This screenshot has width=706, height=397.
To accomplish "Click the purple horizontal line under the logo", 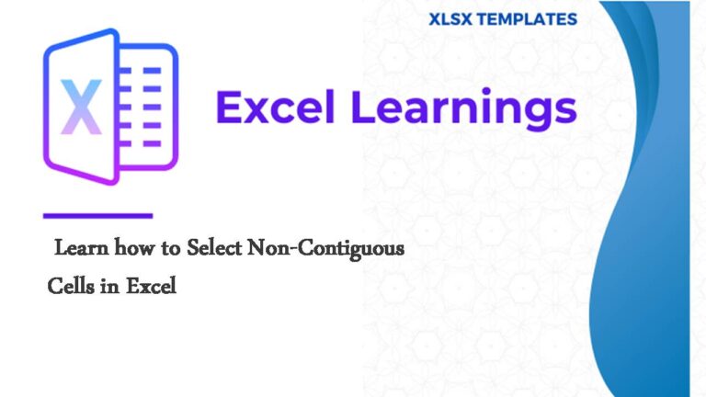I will coord(97,216).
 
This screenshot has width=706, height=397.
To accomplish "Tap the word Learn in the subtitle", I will coord(74,248).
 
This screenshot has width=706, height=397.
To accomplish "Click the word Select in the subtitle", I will coord(214,248).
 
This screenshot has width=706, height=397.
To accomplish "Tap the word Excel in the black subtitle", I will coord(151,287).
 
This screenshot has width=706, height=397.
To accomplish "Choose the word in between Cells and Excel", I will coord(108,287).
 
